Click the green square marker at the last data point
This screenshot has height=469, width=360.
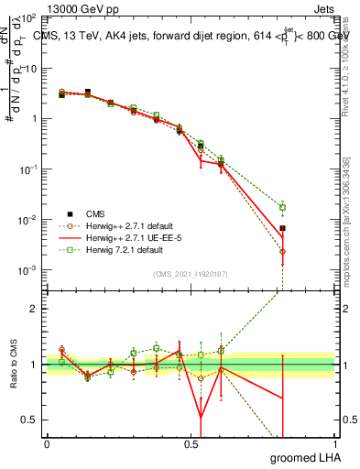coord(283,208)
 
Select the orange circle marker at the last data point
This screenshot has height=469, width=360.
coord(283,251)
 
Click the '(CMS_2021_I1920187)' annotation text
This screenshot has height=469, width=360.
coord(191,274)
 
